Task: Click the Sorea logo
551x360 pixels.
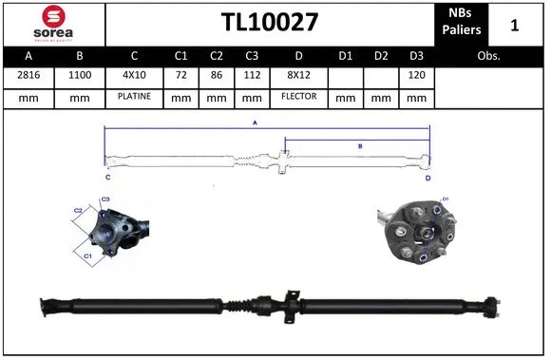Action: pos(52,23)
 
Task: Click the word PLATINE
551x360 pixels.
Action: pos(134,97)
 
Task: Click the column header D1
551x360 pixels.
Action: pos(345,56)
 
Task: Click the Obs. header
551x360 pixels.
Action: pos(489,56)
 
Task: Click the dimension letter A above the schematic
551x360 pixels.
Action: pos(254,123)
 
